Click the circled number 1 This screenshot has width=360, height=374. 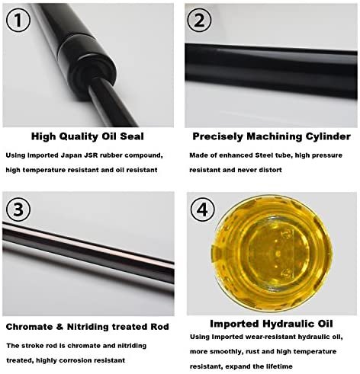18,20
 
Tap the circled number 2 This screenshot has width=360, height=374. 199,20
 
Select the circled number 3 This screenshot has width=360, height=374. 18,210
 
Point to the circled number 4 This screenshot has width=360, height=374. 202,210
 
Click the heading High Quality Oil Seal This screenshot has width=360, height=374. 88,136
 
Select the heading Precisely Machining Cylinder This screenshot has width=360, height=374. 272,136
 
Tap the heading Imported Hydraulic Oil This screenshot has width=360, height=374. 272,324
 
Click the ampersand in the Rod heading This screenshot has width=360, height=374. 59,327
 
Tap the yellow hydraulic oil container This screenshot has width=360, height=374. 272,254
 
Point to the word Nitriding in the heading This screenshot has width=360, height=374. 88,327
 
